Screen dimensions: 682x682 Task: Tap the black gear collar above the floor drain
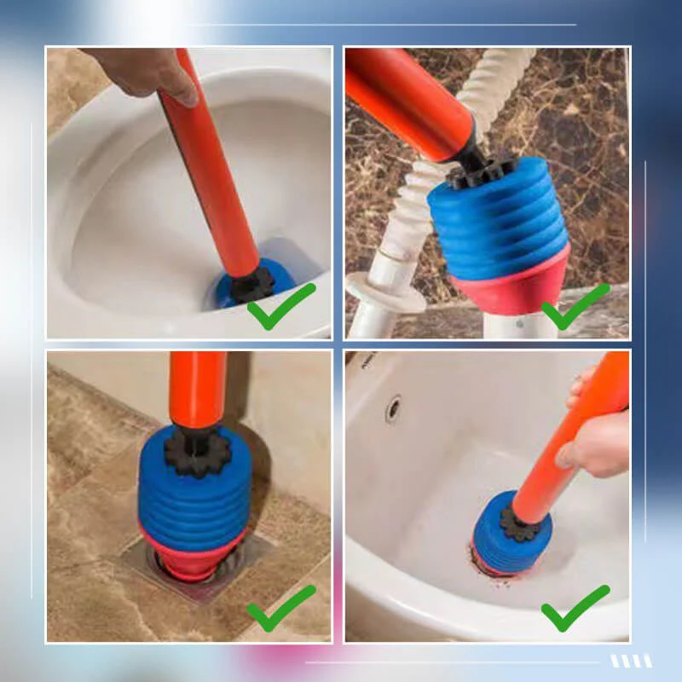197,451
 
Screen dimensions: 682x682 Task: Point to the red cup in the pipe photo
511,286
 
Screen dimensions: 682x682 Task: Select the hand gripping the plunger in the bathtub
597,439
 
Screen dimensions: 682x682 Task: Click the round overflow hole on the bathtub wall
393,408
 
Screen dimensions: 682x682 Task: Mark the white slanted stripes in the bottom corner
632,661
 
